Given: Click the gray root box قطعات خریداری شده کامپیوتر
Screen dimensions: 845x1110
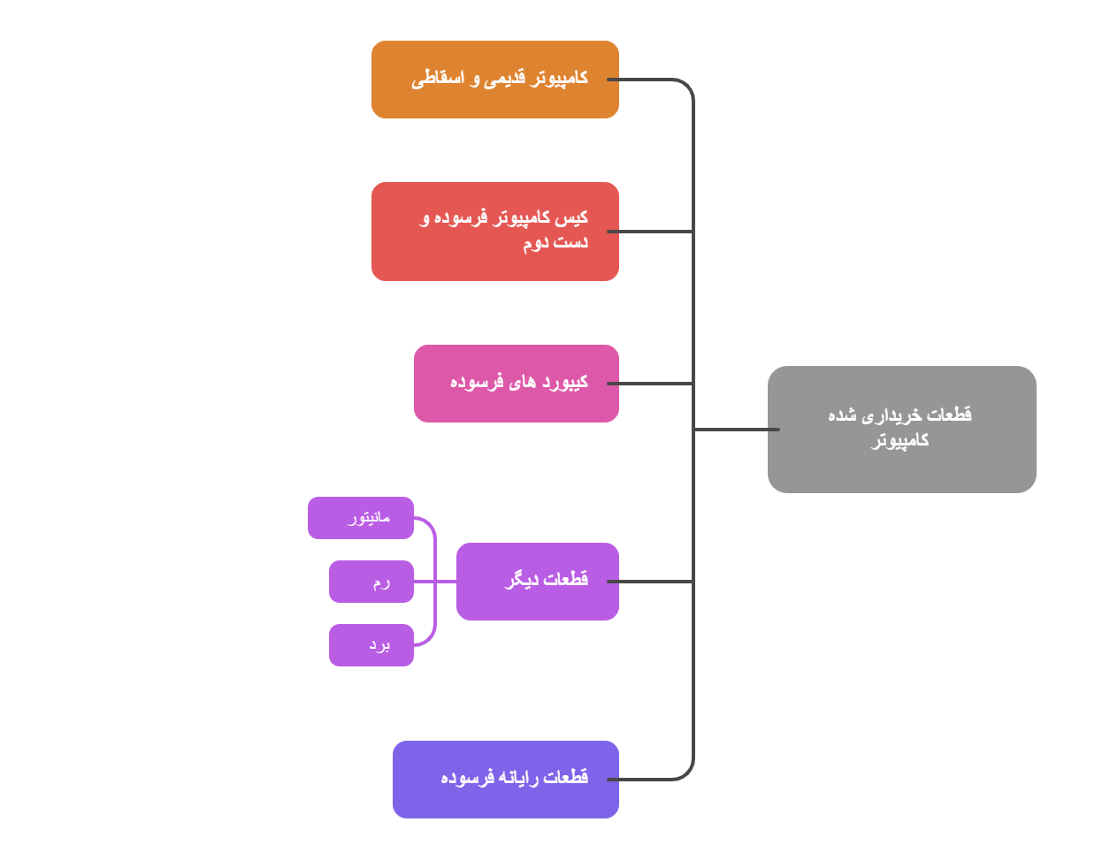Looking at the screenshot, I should pyautogui.click(x=901, y=430).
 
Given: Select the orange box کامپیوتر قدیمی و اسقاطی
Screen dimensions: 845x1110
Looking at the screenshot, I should pyautogui.click(x=494, y=80).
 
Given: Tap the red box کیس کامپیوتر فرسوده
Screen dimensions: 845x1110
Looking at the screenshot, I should pyautogui.click(x=494, y=232).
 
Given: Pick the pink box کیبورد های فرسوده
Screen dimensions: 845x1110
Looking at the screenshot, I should pyautogui.click(x=516, y=384).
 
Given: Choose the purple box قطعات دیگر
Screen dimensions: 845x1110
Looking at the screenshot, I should pyautogui.click(x=537, y=582).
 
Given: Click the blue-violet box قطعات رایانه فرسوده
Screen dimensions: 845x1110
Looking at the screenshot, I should pyautogui.click(x=505, y=780).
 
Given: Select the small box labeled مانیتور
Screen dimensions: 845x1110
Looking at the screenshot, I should pyautogui.click(x=361, y=518).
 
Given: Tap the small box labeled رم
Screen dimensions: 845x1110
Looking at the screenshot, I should pyautogui.click(x=371, y=582).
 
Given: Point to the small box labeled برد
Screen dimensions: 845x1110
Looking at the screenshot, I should pyautogui.click(x=371, y=645).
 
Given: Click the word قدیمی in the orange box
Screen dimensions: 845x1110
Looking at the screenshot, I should pyautogui.click(x=508, y=79).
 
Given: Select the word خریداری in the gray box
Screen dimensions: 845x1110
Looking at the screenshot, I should pyautogui.click(x=891, y=415).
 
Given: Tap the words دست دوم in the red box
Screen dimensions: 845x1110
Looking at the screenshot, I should pyautogui.click(x=555, y=243).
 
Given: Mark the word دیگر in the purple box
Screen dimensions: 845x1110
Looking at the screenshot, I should pyautogui.click(x=522, y=580).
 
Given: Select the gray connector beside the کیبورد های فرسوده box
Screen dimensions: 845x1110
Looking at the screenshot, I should pyautogui.click(x=655, y=384).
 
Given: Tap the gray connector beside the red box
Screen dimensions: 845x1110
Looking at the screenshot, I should pyautogui.click(x=655, y=232).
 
